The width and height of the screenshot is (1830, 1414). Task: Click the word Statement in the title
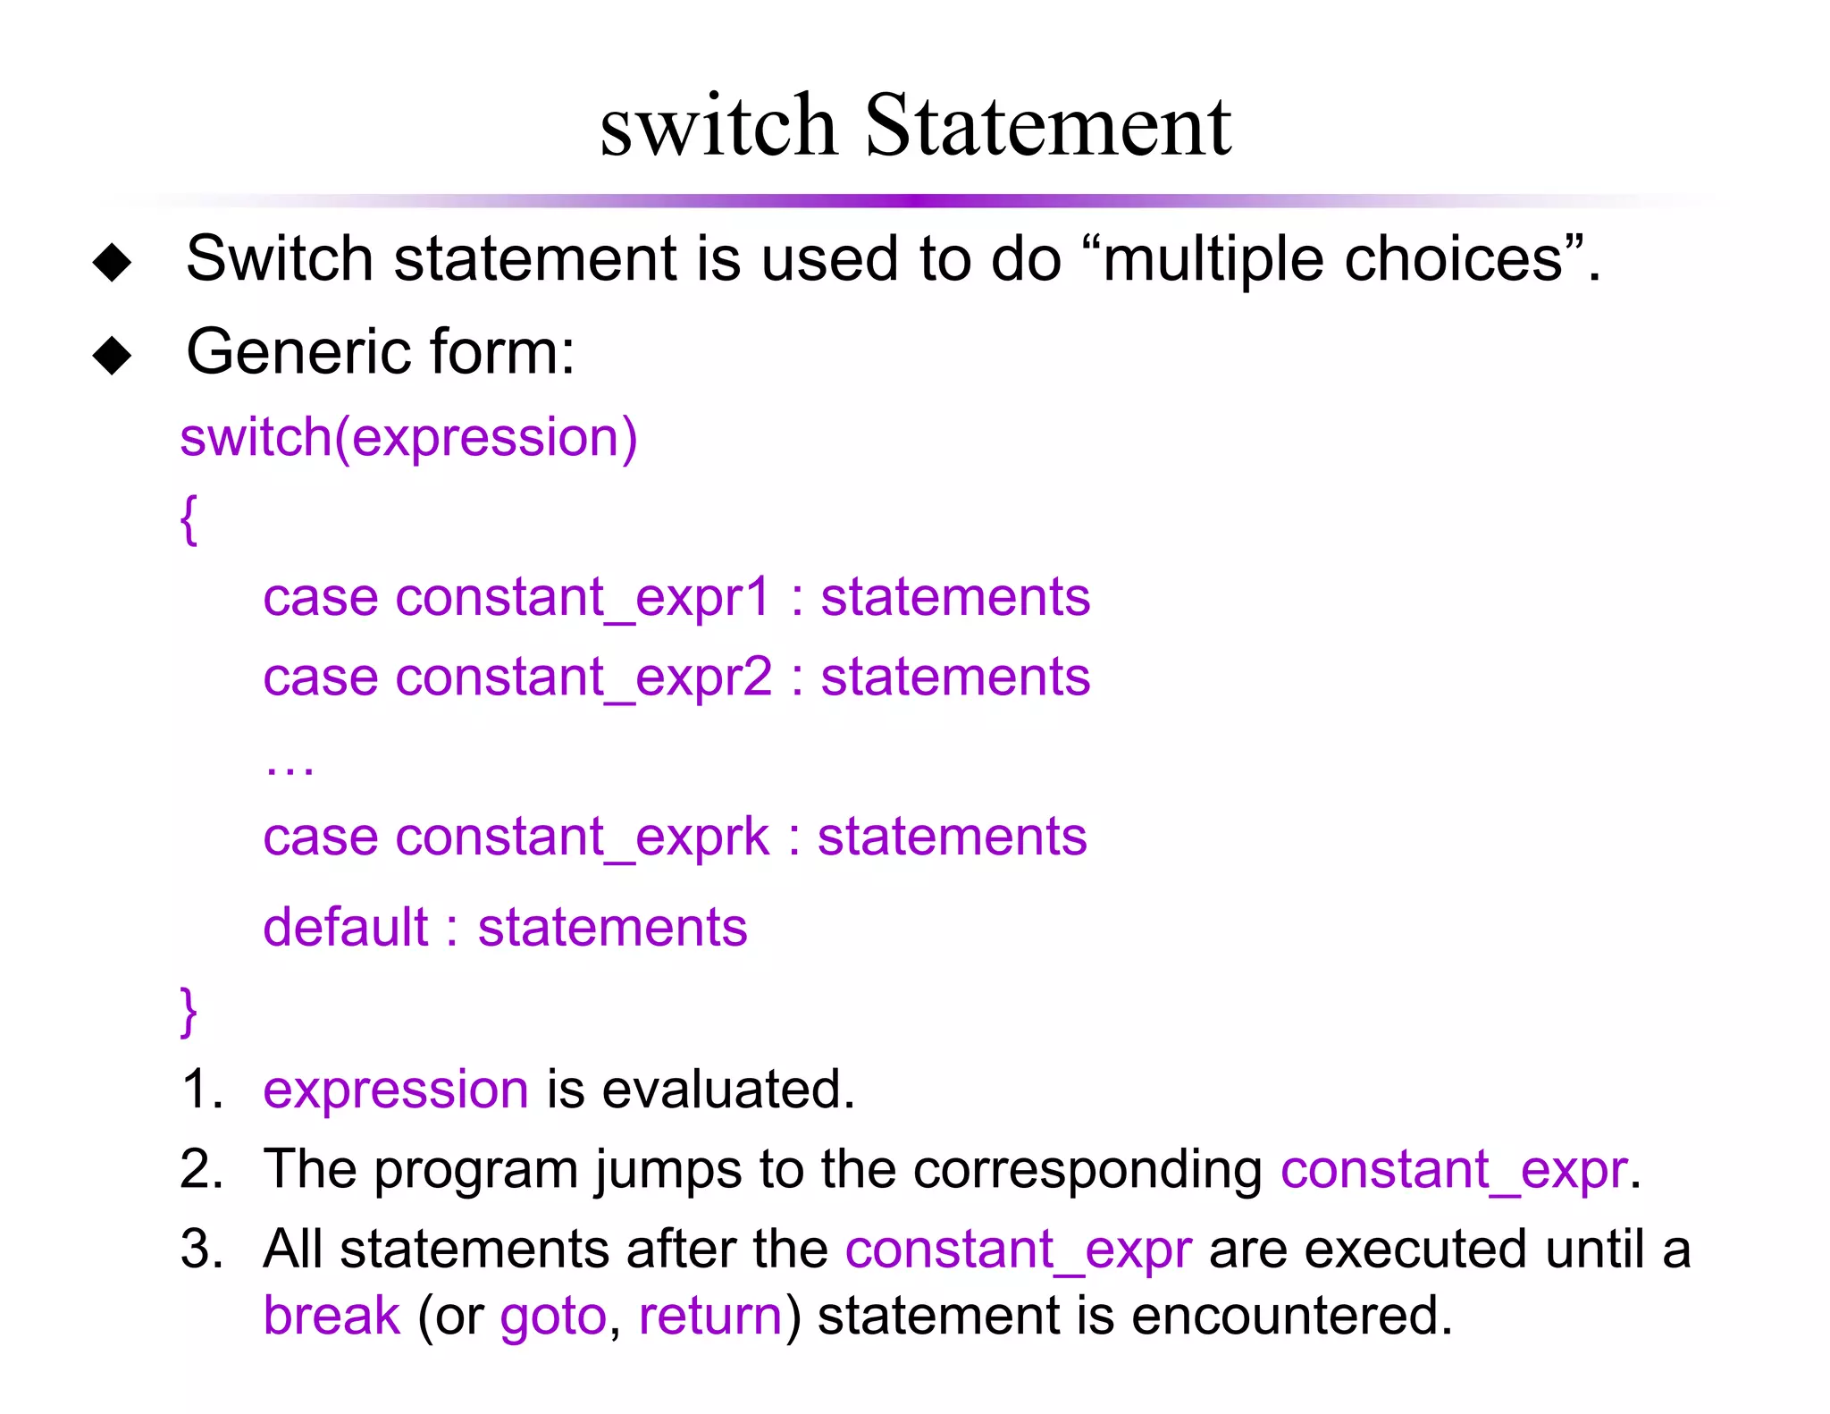[x=1047, y=127]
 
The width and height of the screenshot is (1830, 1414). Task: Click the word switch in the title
[x=718, y=127]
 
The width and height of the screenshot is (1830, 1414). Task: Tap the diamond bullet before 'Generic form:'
[x=113, y=355]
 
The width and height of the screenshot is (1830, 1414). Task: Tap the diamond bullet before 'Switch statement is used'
[x=113, y=262]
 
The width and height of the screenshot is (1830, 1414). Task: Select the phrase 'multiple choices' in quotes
[x=1332, y=260]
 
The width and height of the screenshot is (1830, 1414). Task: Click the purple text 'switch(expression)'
[x=408, y=438]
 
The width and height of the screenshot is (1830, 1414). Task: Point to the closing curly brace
[x=189, y=1011]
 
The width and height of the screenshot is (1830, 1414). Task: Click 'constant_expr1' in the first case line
[x=582, y=597]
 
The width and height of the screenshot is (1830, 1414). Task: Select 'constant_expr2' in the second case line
[x=583, y=677]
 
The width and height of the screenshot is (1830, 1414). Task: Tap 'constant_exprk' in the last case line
[x=582, y=837]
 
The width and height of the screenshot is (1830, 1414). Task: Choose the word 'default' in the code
[x=346, y=927]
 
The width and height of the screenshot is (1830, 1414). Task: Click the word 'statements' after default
[x=612, y=927]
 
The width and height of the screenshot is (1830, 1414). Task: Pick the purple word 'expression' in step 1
[x=396, y=1090]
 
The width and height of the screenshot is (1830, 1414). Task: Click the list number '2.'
[x=201, y=1169]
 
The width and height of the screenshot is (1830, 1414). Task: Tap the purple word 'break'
[x=332, y=1316]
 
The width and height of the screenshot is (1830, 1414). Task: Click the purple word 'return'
[x=710, y=1316]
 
